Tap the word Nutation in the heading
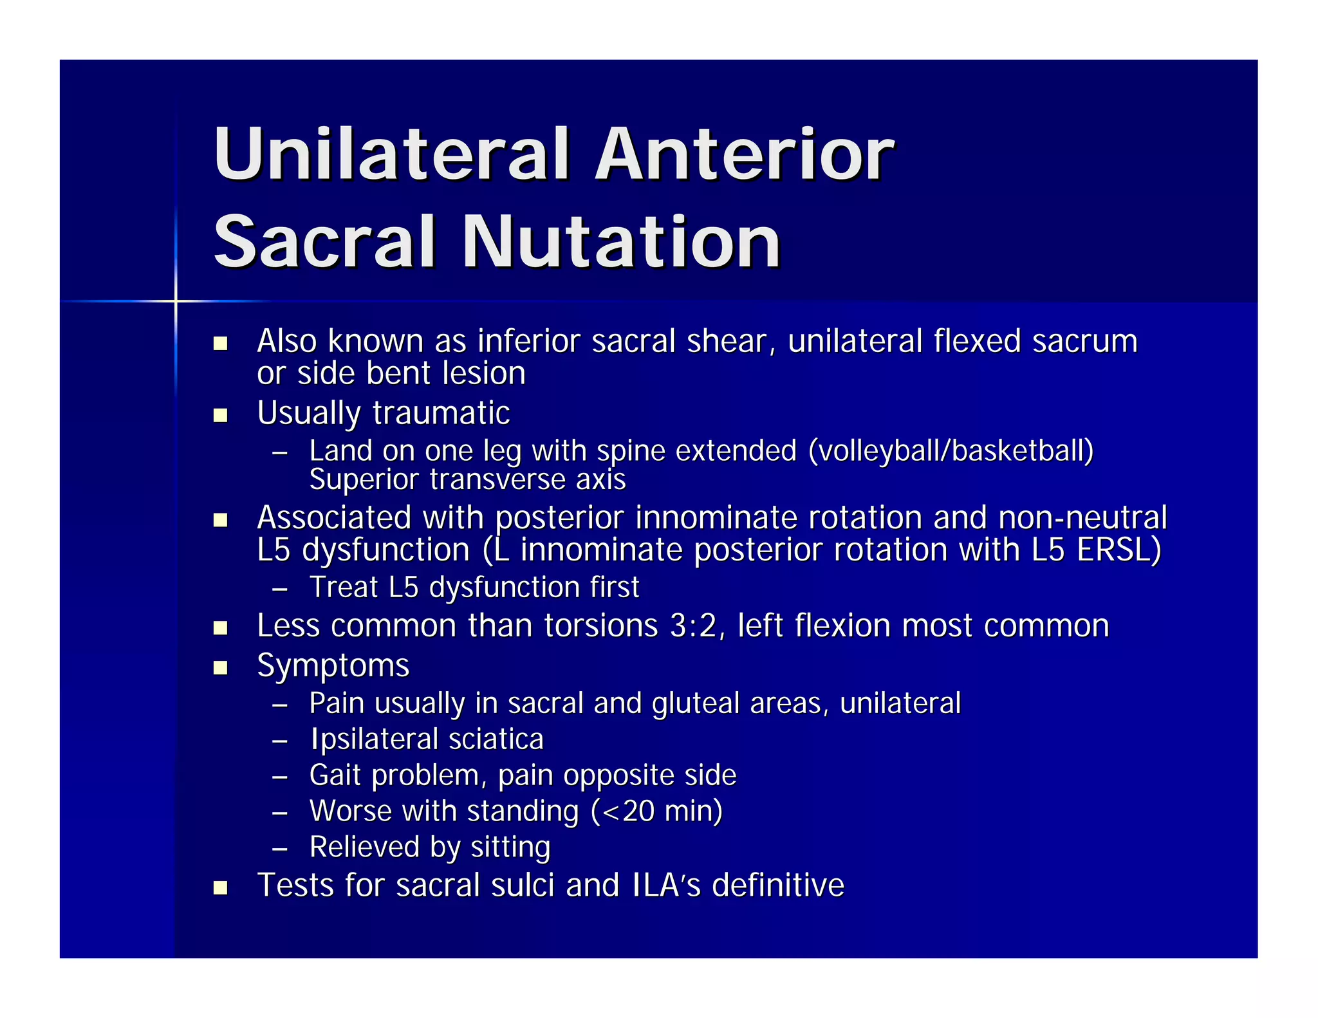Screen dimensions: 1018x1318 (621, 242)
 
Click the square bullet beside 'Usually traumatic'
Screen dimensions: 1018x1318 (221, 415)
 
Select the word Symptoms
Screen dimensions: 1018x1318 (333, 666)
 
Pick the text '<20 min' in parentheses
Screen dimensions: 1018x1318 (656, 811)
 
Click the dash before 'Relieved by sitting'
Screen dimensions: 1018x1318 (279, 849)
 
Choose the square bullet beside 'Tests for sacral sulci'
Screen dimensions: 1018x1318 (221, 888)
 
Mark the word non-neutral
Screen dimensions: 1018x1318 (1082, 518)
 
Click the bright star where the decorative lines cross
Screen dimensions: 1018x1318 (175, 301)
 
